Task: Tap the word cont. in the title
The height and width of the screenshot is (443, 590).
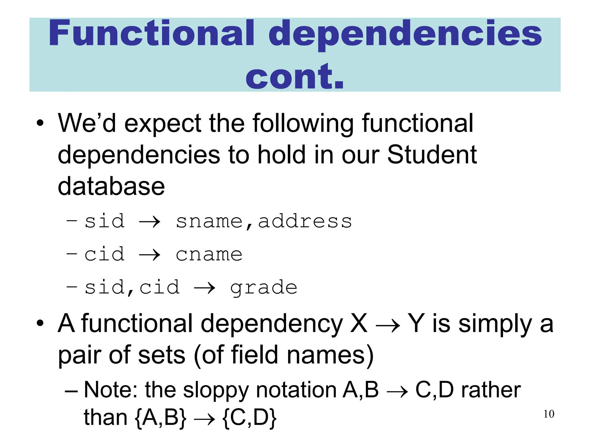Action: (x=295, y=76)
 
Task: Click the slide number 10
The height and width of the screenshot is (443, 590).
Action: (x=549, y=414)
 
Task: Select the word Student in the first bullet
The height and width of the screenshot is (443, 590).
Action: (x=432, y=155)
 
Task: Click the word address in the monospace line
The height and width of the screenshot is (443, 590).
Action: (x=305, y=221)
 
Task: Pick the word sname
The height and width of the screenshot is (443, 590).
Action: (x=209, y=221)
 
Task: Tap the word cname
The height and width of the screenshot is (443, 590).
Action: (x=209, y=255)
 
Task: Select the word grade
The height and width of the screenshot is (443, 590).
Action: (x=264, y=288)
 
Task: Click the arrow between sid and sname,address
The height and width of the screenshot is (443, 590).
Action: (x=150, y=222)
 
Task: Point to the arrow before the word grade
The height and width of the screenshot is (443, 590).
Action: (x=205, y=288)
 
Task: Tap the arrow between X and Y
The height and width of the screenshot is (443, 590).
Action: (x=388, y=326)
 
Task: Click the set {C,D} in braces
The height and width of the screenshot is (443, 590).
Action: (x=249, y=418)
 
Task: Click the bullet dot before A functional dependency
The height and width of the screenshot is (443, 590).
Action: (x=40, y=323)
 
